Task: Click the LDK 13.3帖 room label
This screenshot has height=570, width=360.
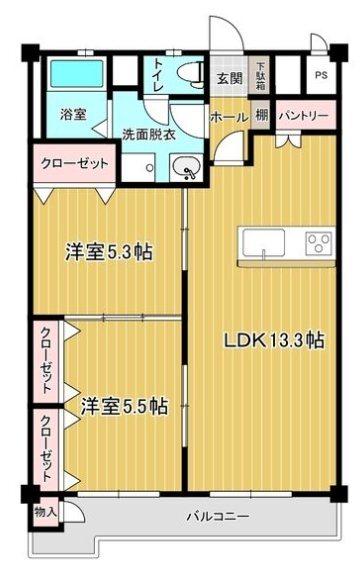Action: (x=272, y=339)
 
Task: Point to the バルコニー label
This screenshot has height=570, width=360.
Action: (x=217, y=517)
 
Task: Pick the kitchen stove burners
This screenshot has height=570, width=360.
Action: (x=319, y=244)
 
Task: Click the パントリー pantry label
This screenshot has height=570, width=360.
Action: (x=303, y=116)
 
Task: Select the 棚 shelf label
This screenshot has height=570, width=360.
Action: (x=260, y=116)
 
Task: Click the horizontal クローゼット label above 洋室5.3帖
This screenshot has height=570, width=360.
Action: (x=75, y=163)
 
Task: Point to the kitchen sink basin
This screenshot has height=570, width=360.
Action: (x=262, y=244)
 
